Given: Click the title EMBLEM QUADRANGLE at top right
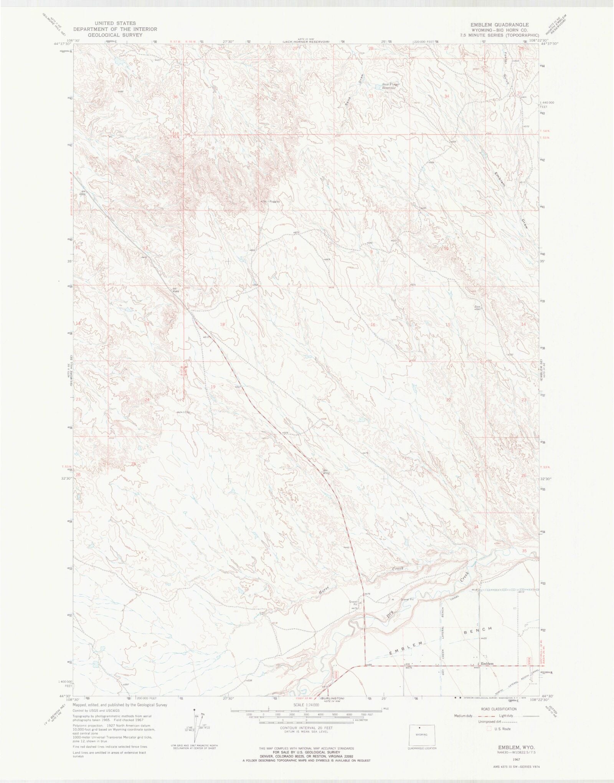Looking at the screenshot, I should click(x=500, y=25).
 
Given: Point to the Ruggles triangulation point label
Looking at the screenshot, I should click(x=274, y=201).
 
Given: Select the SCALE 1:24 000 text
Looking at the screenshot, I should click(x=306, y=705).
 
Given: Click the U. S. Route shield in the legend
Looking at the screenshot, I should click(x=489, y=728).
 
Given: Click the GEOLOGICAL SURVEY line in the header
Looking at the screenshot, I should click(x=115, y=35).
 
